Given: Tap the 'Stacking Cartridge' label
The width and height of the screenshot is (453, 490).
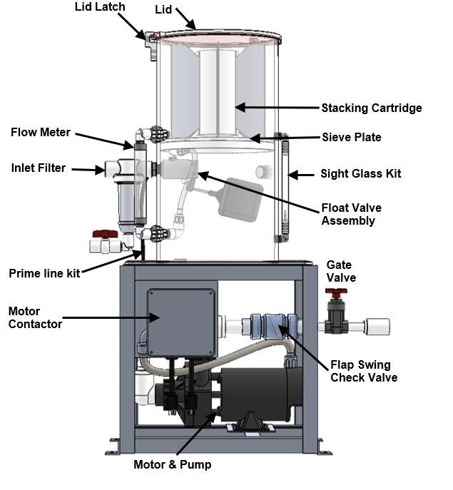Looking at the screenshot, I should point(371,108).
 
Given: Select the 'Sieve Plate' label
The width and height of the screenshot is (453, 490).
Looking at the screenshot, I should point(352,137).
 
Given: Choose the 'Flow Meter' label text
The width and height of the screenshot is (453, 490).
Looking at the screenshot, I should point(41,132).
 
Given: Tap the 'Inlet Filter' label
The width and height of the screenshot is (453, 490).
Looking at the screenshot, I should point(38,168).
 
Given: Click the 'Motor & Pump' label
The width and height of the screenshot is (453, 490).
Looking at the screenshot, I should point(172,465).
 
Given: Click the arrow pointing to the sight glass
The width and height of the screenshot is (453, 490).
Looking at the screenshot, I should point(299,174).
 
